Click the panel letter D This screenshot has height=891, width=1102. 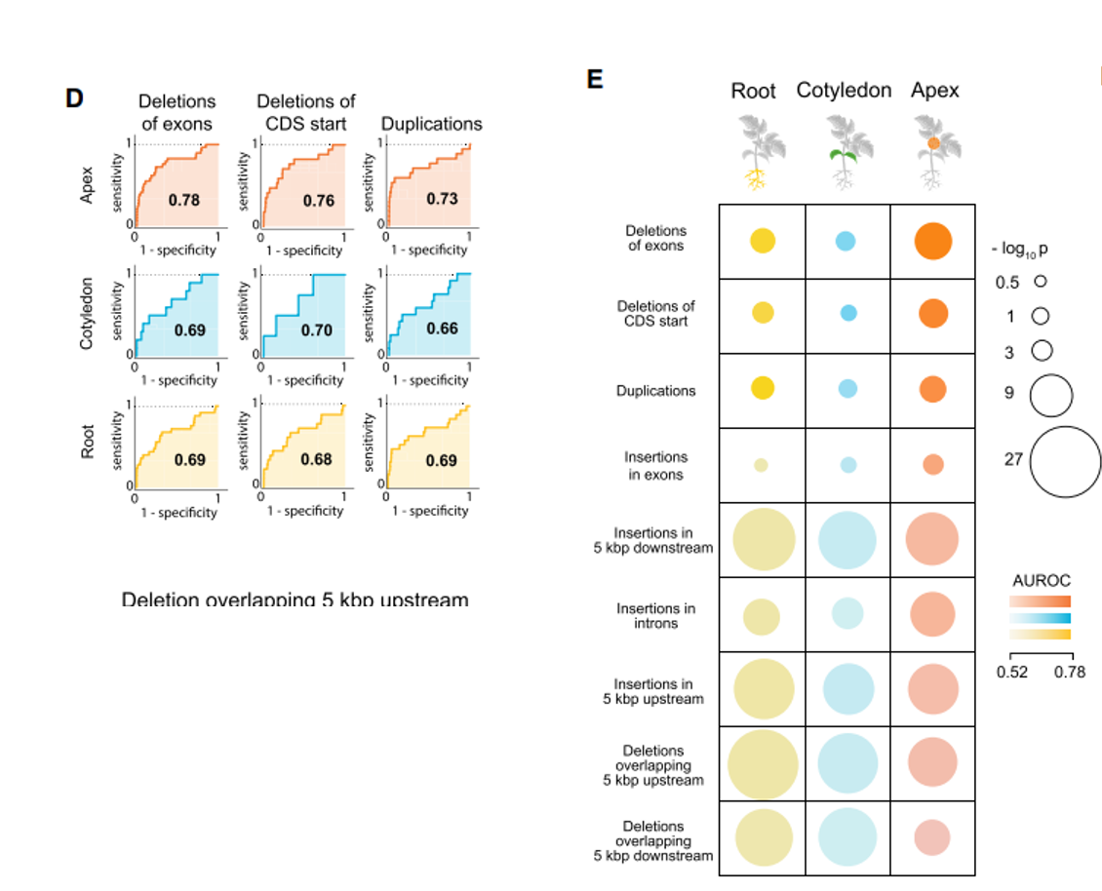tap(73, 98)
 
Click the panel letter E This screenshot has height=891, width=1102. tap(595, 79)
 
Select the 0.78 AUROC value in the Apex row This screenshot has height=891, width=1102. tap(183, 200)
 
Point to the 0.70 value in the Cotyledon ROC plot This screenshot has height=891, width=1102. tap(317, 329)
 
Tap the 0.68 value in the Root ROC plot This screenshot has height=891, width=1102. tap(317, 459)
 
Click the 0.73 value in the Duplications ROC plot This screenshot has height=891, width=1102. tap(442, 199)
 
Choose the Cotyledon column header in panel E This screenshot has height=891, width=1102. tap(844, 91)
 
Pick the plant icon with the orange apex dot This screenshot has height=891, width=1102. tap(933, 151)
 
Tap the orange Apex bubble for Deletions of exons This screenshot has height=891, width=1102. tap(933, 241)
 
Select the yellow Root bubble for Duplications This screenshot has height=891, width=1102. tap(763, 388)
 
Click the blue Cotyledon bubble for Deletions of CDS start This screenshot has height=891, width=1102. tap(847, 313)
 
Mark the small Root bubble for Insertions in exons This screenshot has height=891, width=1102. tap(762, 465)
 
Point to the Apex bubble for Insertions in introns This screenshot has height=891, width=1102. tap(932, 615)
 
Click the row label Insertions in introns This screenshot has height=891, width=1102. tap(655, 615)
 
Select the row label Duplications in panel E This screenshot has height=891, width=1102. tap(655, 391)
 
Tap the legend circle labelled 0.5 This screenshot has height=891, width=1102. tap(1040, 281)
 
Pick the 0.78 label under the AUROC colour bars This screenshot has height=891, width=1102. tap(1070, 672)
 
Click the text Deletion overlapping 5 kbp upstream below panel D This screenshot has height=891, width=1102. tap(295, 599)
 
